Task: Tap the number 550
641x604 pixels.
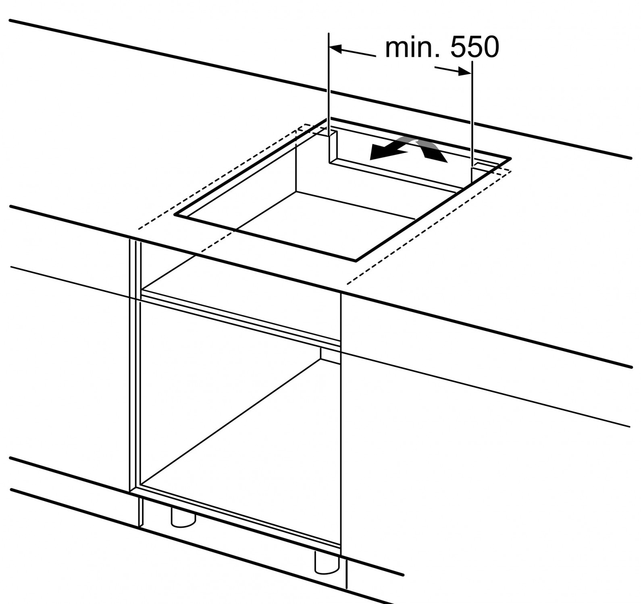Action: click(475, 48)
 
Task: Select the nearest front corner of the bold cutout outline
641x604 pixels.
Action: click(356, 261)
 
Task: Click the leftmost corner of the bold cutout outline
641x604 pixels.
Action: click(175, 215)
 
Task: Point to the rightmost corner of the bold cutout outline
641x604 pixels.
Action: click(511, 158)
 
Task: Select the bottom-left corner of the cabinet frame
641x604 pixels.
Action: click(130, 491)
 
